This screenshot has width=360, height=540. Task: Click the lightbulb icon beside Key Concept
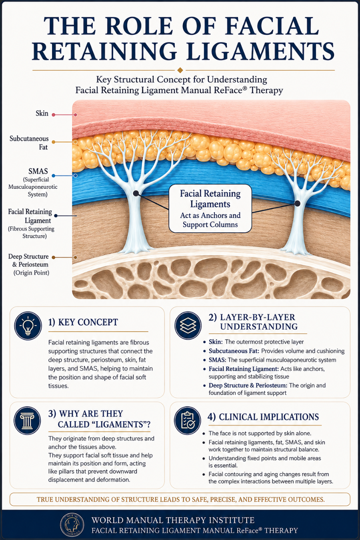click(28, 326)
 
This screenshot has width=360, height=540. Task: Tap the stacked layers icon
click(188, 326)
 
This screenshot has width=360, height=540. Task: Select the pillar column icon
click(28, 421)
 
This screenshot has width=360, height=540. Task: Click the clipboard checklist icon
click(188, 420)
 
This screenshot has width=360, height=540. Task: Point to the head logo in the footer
click(72, 524)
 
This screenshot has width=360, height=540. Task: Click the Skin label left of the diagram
click(42, 113)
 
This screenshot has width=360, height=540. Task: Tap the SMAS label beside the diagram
click(38, 171)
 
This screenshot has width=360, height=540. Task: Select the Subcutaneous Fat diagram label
click(29, 143)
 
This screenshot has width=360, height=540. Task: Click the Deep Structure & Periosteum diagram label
click(28, 264)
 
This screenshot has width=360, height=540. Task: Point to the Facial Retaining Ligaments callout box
click(210, 208)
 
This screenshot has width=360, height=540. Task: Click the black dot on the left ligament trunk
click(136, 193)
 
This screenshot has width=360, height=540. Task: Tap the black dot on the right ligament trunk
click(298, 204)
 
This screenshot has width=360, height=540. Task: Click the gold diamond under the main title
click(180, 70)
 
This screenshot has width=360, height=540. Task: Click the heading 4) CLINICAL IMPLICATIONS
click(263, 417)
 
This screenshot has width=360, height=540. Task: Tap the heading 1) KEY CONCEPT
click(83, 322)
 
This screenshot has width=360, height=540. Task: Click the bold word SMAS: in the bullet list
click(217, 360)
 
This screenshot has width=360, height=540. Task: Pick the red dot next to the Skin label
click(54, 115)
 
